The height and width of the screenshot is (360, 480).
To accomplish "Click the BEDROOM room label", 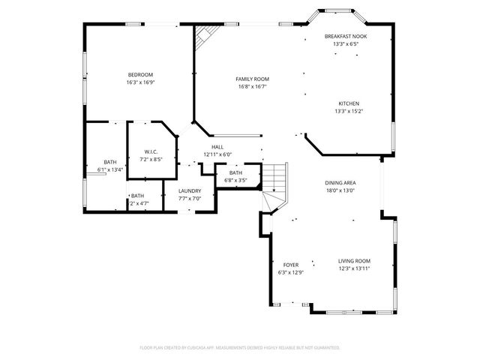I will click(x=140, y=74).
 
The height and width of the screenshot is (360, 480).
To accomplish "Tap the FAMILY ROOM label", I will click(x=252, y=79).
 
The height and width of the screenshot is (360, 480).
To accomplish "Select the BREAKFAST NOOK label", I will click(x=346, y=36).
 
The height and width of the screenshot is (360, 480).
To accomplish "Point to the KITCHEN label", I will click(x=348, y=103).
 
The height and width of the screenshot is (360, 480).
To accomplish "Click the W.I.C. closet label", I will click(x=152, y=151).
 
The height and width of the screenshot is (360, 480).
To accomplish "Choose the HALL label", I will click(x=217, y=147).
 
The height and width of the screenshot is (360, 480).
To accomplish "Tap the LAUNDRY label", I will click(x=189, y=190).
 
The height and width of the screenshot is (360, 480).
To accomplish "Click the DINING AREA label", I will click(x=340, y=183).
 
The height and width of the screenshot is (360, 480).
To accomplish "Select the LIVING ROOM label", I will click(x=354, y=260).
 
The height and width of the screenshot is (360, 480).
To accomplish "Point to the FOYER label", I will click(x=290, y=265).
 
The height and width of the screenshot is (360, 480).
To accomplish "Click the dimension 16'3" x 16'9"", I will click(x=140, y=82).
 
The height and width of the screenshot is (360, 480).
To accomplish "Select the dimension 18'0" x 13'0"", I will click(x=340, y=190).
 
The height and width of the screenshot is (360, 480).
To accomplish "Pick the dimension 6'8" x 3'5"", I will click(x=235, y=180).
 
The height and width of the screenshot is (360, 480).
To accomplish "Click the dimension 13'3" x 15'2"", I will click(x=348, y=112).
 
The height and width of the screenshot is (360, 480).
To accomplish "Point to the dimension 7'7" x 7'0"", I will click(x=189, y=198).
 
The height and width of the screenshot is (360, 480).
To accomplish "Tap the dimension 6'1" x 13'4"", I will click(x=109, y=170).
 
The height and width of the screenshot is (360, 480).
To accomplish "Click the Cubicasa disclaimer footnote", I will click(x=240, y=348).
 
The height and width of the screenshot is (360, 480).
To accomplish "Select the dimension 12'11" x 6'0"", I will click(x=217, y=154).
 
